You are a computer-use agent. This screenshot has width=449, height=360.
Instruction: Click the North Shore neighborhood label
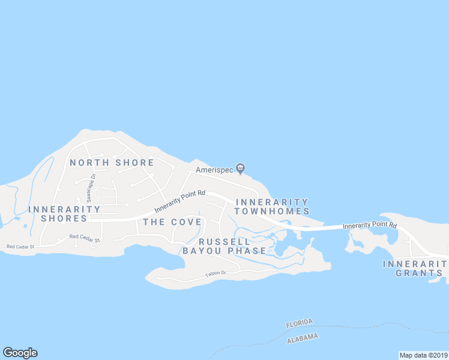coord(112,163)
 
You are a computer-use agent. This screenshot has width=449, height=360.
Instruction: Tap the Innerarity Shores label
coord(64,214)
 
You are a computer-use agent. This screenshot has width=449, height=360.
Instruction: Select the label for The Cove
coord(172,222)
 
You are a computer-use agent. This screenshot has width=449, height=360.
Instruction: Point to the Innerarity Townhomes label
coord(272,206)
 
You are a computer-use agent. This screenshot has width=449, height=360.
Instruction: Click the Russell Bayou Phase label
coord(224,245)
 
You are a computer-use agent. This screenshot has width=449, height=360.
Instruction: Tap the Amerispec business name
coord(214,170)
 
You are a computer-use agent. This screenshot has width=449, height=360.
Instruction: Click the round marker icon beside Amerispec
coord(240,168)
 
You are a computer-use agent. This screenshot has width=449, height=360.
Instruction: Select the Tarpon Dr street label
coord(214,274)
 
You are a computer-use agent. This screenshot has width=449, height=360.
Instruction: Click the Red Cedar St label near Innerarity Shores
coord(84,238)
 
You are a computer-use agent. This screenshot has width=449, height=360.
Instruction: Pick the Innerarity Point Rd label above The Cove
coord(180,202)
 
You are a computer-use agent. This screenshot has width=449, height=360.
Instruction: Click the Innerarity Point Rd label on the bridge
coord(370,226)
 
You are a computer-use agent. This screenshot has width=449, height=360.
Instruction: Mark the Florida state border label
coord(300,323)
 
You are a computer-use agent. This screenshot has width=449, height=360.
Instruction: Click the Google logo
coord(20,353)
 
